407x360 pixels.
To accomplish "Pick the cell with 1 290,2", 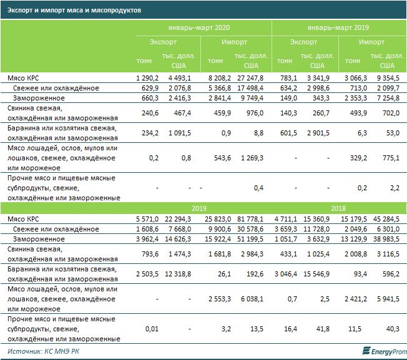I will pos(148,78).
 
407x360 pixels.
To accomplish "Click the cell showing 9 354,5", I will pos(383,78).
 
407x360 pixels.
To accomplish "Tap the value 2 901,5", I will pos(316,132).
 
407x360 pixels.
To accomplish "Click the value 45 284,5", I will pos(383,220).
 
